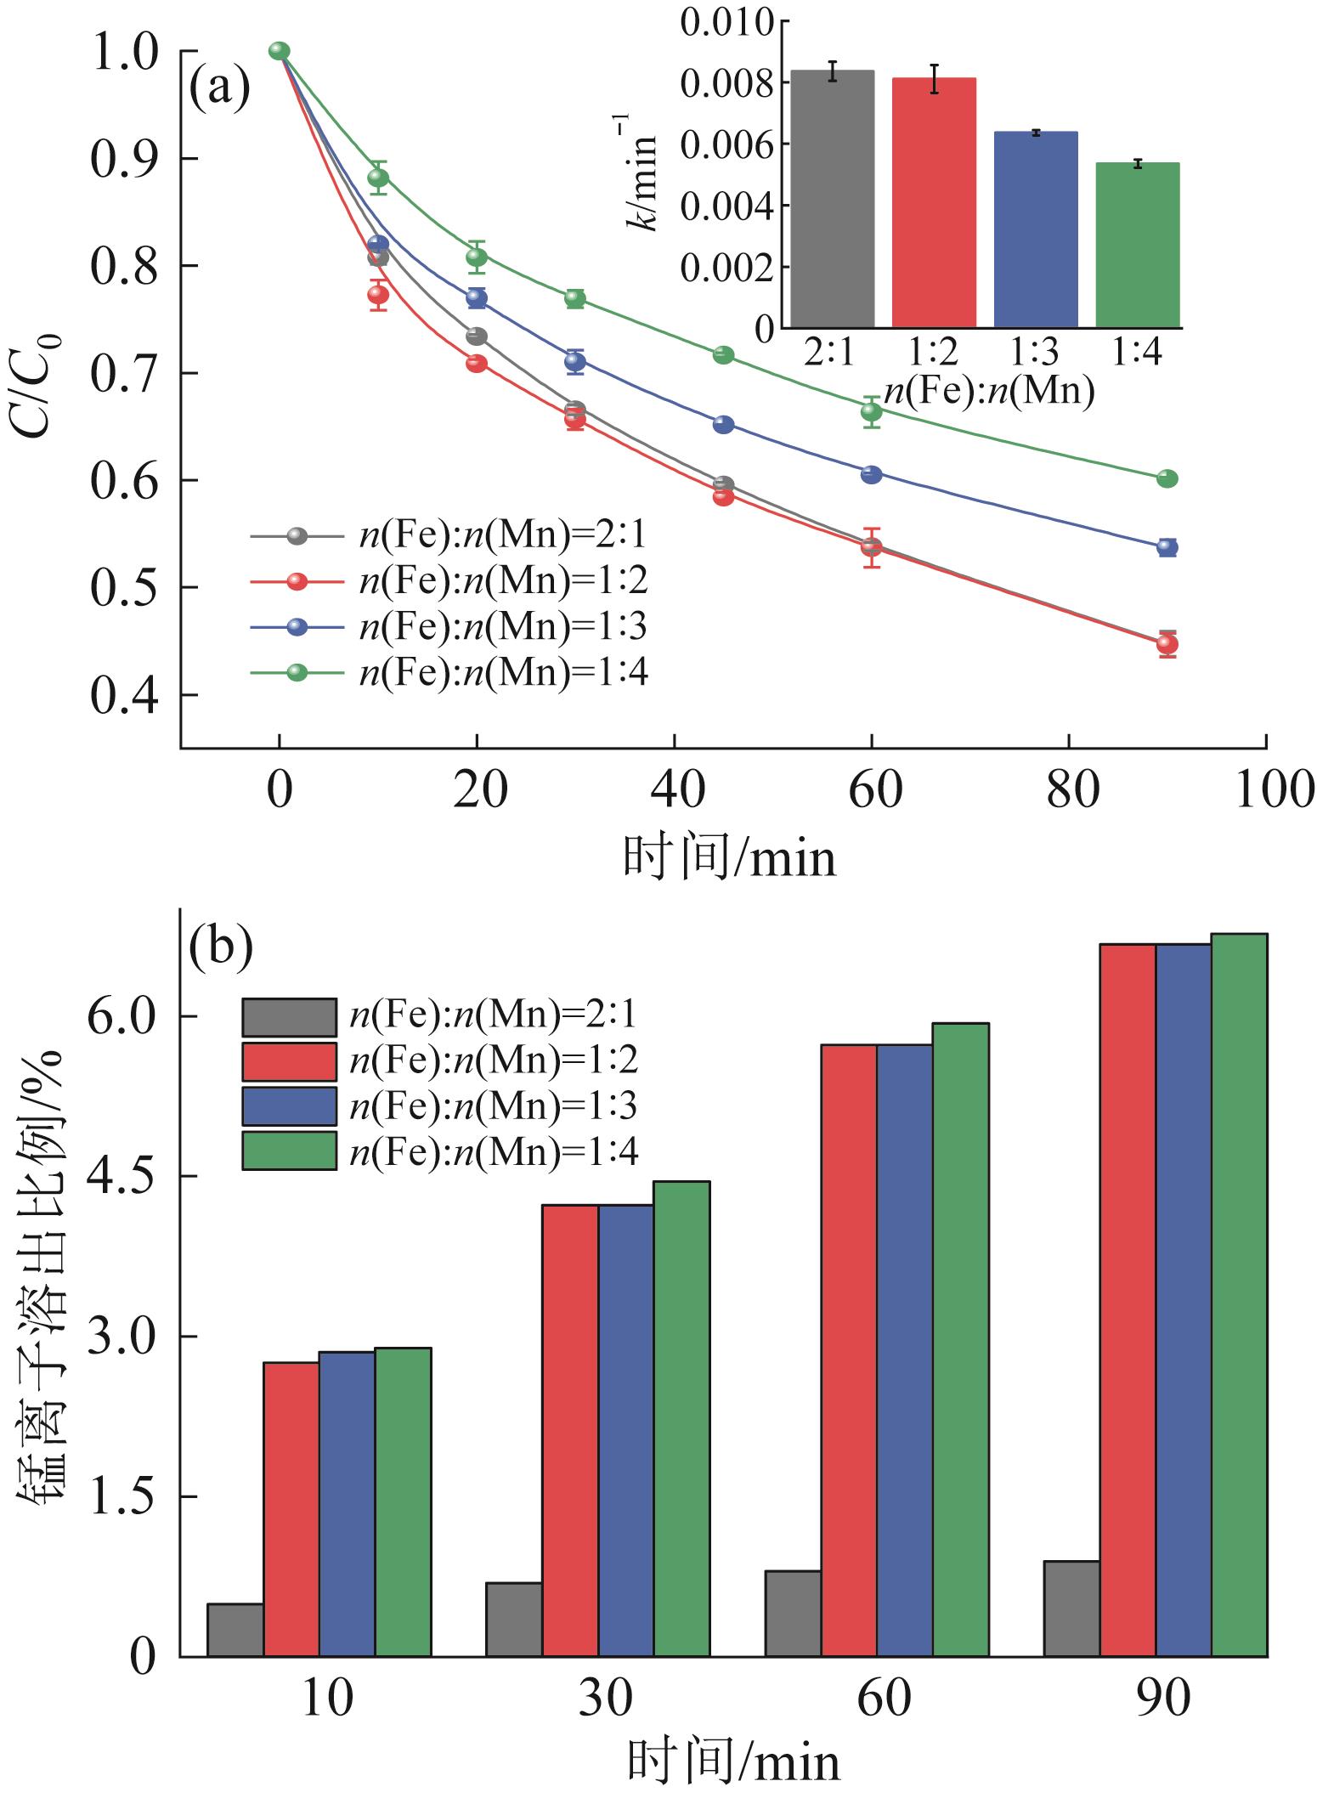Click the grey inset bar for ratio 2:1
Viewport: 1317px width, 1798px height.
tap(832, 200)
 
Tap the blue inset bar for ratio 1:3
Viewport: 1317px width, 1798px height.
tap(1036, 229)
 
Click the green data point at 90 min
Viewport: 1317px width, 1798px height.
tap(1167, 478)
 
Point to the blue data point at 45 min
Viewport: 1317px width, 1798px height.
tap(724, 424)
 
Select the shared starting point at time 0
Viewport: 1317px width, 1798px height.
tap(280, 51)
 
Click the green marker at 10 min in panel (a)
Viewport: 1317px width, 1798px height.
tap(378, 178)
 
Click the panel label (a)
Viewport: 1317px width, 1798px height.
tap(219, 88)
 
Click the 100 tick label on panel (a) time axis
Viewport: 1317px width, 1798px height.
tap(1266, 789)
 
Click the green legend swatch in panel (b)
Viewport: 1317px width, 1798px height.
tap(289, 1151)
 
